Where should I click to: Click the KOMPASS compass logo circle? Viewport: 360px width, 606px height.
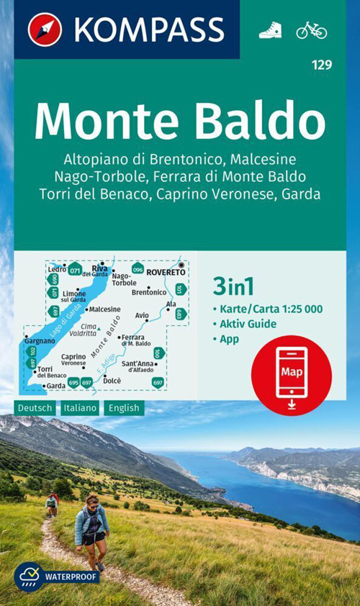click(x=45, y=30)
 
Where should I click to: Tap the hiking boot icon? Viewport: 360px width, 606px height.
click(x=270, y=30)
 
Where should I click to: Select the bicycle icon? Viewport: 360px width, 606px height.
click(x=311, y=30)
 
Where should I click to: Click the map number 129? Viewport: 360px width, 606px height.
click(x=322, y=65)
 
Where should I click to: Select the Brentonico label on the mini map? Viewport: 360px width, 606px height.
click(x=149, y=293)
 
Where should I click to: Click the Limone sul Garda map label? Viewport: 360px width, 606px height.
click(x=74, y=297)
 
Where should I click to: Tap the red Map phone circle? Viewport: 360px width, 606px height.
click(x=292, y=374)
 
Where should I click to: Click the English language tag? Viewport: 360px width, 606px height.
click(x=124, y=408)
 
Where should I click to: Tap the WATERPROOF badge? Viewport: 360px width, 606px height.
click(x=57, y=576)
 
